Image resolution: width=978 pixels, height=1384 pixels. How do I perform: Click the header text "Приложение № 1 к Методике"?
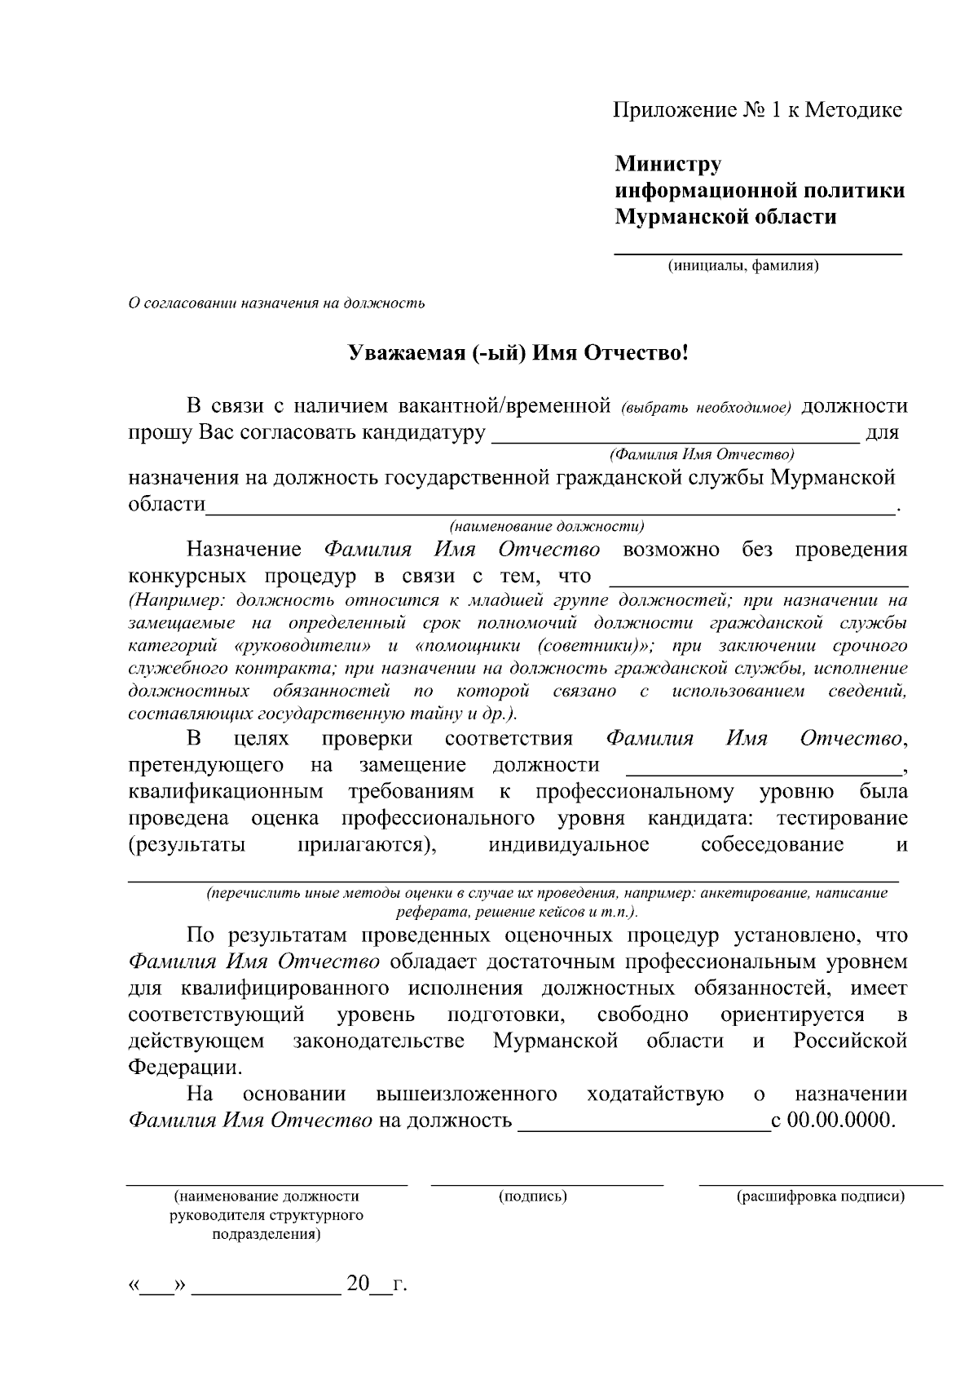click(x=757, y=110)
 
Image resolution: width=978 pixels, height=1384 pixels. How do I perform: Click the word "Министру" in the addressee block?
click(x=668, y=164)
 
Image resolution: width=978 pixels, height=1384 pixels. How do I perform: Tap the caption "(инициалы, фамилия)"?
click(x=742, y=266)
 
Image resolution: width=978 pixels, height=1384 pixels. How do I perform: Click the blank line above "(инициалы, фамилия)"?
click(x=757, y=254)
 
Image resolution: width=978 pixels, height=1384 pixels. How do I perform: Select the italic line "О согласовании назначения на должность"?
click(x=277, y=303)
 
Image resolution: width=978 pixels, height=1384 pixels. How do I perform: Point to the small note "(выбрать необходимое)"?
click(x=706, y=408)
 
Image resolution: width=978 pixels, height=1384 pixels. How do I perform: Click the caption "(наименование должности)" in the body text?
click(x=547, y=526)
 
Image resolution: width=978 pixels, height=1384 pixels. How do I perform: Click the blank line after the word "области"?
click(x=550, y=512)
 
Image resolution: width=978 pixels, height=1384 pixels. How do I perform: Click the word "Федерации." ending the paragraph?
click(x=185, y=1067)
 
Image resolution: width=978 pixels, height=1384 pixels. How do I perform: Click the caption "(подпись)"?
click(x=533, y=1196)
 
